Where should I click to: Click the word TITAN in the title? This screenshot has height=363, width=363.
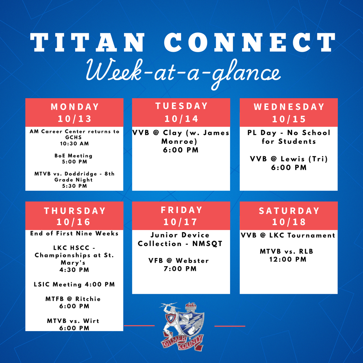(x=88, y=43)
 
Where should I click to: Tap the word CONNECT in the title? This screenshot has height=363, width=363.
(x=250, y=43)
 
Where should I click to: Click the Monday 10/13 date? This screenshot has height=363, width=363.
(x=74, y=119)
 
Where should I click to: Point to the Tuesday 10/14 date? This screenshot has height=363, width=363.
(x=181, y=119)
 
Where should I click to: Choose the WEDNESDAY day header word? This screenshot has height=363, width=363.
(x=289, y=107)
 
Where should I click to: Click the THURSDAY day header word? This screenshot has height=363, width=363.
(x=74, y=211)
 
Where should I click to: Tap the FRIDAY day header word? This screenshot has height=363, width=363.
(x=181, y=210)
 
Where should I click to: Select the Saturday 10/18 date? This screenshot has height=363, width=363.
(x=289, y=222)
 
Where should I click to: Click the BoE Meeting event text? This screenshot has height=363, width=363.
(x=73, y=156)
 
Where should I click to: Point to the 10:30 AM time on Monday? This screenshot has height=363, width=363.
(x=74, y=144)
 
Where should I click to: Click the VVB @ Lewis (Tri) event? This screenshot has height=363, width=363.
(x=289, y=159)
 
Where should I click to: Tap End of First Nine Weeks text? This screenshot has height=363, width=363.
(x=74, y=233)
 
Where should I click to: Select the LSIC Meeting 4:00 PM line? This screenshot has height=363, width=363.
(x=74, y=284)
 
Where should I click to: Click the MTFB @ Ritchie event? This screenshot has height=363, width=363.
(x=73, y=299)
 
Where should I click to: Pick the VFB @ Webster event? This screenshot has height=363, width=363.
(x=179, y=261)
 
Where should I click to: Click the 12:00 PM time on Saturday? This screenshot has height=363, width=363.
(x=288, y=259)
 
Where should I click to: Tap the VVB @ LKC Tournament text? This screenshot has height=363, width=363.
(x=288, y=235)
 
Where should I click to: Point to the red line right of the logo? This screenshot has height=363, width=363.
(x=230, y=326)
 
